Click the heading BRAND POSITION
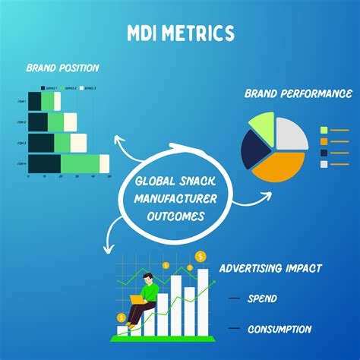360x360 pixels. [62, 68]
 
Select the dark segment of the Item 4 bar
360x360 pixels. [44, 163]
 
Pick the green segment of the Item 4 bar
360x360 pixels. [80, 163]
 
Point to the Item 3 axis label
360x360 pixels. [21, 143]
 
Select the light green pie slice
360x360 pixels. [261, 125]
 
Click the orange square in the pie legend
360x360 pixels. [324, 141]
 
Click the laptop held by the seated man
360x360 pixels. [137, 298]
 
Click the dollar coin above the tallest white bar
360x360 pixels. [201, 256]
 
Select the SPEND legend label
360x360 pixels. [261, 298]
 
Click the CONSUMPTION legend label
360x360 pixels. [279, 329]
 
